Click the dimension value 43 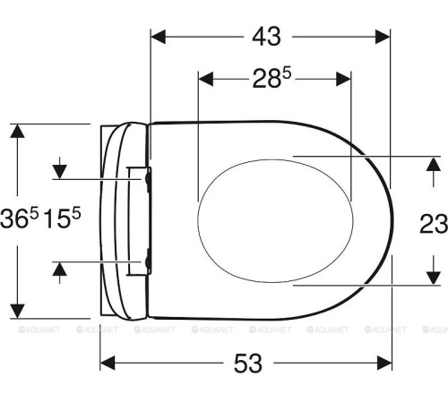265,36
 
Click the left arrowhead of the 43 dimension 158,36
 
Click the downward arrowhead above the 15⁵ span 60,170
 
